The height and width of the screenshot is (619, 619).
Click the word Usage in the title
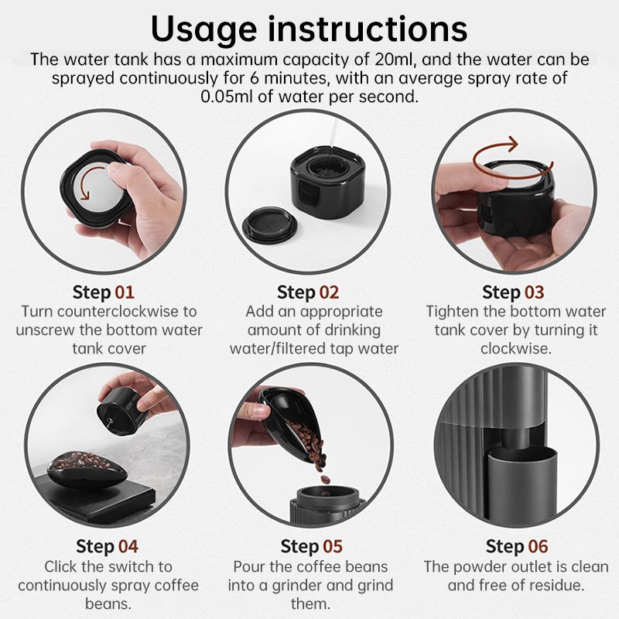click(203, 29)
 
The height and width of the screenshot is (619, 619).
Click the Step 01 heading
click(104, 292)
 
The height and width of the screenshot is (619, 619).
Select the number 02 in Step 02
click(330, 292)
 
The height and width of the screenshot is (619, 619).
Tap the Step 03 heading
click(513, 292)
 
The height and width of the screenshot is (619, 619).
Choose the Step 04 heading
click(107, 547)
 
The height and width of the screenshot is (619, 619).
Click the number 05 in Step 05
click(333, 547)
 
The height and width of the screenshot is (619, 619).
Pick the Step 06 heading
click(517, 547)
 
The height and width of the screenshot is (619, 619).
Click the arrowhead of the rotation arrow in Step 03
click(512, 145)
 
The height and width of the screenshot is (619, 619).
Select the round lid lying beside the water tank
click(269, 223)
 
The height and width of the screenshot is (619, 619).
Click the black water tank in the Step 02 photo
click(327, 183)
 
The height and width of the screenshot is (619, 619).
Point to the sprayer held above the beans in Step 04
click(123, 411)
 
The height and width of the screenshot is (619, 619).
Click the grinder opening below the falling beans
click(327, 494)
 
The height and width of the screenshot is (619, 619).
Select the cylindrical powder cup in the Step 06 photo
click(524, 481)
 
